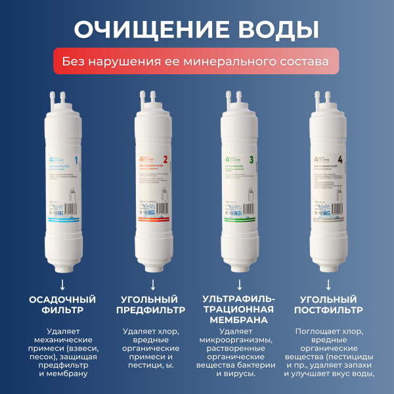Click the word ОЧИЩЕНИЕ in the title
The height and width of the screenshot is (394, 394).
(143, 30)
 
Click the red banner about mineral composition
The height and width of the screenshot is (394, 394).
(196, 62)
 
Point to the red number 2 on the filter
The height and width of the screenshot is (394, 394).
(165, 159)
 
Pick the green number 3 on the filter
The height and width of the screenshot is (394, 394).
(252, 159)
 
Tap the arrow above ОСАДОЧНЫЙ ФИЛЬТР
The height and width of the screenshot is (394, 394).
(62, 284)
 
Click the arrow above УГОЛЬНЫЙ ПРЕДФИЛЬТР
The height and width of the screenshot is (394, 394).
(152, 284)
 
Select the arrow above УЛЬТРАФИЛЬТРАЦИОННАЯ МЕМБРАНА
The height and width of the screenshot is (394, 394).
(240, 284)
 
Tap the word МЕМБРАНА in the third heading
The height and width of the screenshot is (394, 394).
(240, 320)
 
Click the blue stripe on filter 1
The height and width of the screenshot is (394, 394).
(63, 225)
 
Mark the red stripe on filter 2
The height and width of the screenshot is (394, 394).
(152, 225)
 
